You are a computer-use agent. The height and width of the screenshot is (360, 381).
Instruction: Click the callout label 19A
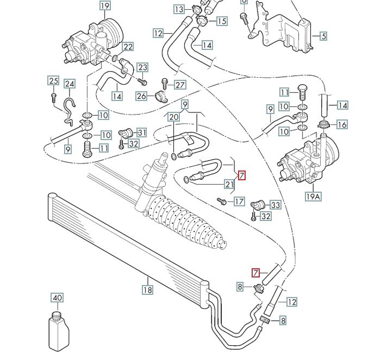(313, 196)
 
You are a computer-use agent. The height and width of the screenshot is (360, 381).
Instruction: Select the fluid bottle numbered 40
(59, 331)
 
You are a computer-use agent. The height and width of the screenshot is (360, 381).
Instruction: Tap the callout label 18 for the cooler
(148, 289)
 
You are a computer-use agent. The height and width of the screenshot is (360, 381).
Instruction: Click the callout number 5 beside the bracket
(323, 36)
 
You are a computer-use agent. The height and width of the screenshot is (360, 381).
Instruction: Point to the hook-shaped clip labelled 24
(69, 112)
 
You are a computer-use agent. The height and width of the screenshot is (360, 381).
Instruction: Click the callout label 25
(54, 80)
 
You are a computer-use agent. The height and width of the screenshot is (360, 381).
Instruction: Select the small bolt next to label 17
(221, 201)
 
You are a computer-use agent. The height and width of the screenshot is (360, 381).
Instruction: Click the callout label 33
(275, 205)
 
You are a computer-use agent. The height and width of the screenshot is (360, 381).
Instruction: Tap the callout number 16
(342, 124)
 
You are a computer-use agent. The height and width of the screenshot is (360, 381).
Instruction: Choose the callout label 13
(179, 9)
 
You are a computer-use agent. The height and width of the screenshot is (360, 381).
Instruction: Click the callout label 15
(221, 21)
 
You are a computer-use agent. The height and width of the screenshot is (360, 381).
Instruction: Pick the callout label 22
(128, 46)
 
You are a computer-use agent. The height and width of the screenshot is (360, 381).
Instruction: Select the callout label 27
(180, 85)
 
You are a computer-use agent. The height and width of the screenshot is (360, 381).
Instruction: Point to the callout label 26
(141, 96)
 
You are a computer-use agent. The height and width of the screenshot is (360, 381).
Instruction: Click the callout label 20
(173, 117)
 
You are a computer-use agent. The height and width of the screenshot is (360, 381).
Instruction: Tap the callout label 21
(229, 185)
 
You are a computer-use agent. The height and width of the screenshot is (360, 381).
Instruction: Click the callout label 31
(142, 132)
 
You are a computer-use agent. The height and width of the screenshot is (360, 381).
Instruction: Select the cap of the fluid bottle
(57, 315)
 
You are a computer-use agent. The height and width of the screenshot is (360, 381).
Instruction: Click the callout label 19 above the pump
(105, 5)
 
